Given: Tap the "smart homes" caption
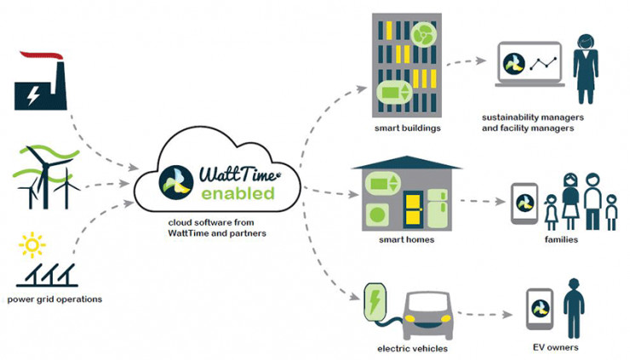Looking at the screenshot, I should coord(407,240).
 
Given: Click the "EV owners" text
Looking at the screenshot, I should coord(556,347).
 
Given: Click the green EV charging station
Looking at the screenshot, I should coord(375,309).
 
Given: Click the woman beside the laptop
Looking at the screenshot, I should coord(586,66).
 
